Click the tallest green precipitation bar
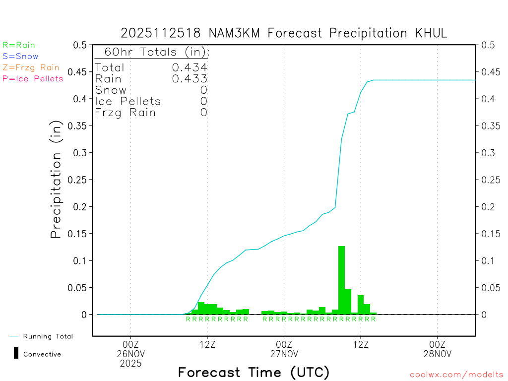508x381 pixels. coord(341,280)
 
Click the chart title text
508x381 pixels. coord(284,33)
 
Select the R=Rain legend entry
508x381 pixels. coord(19,45)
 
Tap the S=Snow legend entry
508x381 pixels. coord(20,57)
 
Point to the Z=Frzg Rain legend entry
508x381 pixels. coord(31,67)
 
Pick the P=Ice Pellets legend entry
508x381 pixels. coord(33,78)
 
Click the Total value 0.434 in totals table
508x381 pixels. coord(190,67)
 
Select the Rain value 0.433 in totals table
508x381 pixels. coord(190,78)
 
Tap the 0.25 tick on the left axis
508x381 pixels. coord(79,180)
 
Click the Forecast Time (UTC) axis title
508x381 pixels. coord(254,372)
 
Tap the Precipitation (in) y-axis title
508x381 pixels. coord(56,180)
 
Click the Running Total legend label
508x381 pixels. coord(48,336)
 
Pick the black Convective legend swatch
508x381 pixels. coord(16,353)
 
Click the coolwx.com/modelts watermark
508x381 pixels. coord(456,375)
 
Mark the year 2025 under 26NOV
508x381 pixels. coord(130,363)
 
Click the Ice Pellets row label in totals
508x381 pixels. coord(128,101)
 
